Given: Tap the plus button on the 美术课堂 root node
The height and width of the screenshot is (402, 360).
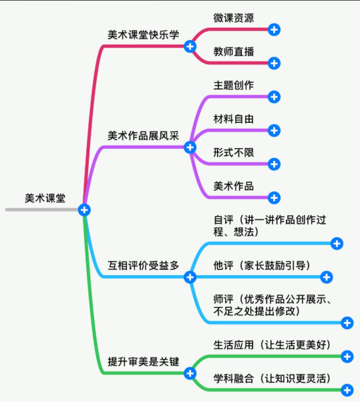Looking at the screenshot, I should coord(84,210).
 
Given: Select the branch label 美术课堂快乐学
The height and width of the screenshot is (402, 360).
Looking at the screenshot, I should coord(144,35).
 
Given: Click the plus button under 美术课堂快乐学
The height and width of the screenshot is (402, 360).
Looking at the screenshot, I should coord(190,46).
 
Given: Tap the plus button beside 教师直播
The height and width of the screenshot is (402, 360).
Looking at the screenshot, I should coord(274,63).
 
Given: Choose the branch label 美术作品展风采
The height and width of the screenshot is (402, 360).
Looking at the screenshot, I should coord(144,135).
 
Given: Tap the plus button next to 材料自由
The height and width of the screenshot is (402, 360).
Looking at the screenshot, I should coord(274,130).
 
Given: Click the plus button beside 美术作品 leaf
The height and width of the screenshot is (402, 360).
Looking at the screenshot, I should coord(274,198).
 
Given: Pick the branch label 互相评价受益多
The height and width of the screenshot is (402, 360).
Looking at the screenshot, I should coord(144,265).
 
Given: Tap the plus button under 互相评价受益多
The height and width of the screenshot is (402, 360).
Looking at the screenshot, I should coord(190,276).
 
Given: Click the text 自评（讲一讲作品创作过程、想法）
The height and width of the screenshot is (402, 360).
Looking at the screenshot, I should coord(274,225).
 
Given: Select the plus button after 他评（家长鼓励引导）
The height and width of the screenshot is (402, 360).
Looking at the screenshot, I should coord(327,277).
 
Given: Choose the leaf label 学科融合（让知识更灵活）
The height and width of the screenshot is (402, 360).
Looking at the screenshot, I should coord(272,378).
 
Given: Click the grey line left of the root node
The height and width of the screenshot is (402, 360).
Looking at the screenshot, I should coord(40,210).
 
